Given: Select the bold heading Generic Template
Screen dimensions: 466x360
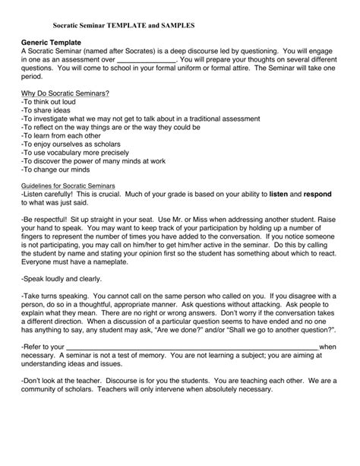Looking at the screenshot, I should click(52, 42).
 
